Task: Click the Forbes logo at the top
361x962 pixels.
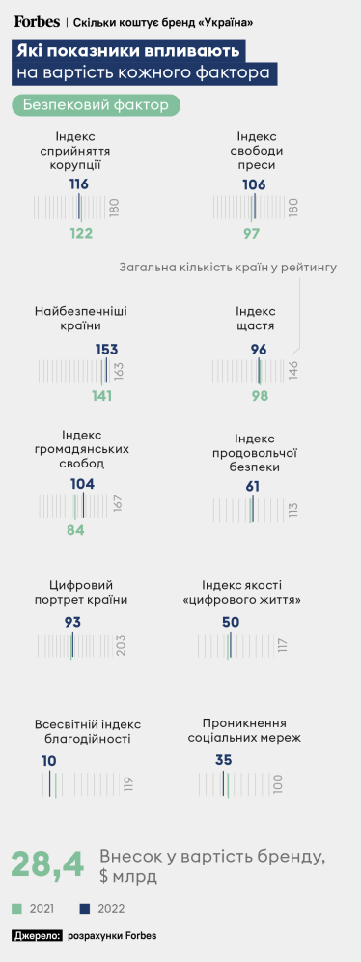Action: point(36,21)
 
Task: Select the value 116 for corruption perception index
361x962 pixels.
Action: point(79,184)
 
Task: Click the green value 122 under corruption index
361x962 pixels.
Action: point(81,233)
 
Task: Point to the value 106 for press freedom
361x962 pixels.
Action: point(254,184)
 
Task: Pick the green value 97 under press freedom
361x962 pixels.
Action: point(252,233)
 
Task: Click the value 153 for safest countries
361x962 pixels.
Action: point(107,349)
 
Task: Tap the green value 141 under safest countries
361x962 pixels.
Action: point(102,396)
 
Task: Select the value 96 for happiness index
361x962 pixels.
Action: point(259,349)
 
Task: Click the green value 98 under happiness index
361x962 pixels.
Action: point(260,396)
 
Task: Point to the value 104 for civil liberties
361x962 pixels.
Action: point(83,483)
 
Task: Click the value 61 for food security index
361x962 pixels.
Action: point(253,486)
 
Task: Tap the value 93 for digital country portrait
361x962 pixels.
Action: point(72,622)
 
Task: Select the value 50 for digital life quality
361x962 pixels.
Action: point(231,622)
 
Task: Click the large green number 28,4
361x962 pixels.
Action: point(47,865)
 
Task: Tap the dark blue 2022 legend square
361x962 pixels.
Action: point(85,909)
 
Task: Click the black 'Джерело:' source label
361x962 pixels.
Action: point(38,935)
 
